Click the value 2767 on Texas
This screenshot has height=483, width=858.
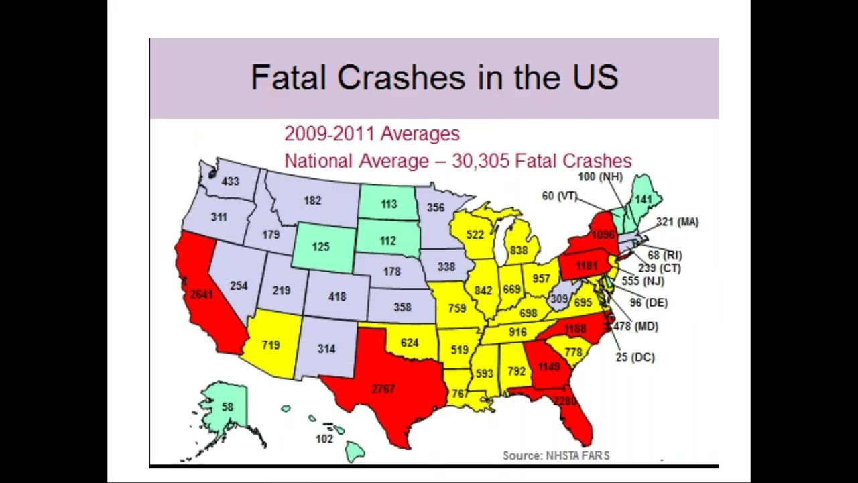[383, 389]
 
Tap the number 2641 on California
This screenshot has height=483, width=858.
[202, 294]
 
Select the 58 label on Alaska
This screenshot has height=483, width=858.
[227, 407]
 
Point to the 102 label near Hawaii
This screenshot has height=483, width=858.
[324, 439]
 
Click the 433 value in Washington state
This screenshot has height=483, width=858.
[230, 181]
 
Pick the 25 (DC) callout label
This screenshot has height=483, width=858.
[635, 357]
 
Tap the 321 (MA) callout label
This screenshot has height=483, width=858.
[677, 222]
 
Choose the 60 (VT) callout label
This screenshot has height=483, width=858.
[560, 195]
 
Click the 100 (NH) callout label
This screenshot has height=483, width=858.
[601, 177]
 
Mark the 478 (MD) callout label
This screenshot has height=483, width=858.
[636, 327]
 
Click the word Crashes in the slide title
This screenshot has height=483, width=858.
[401, 77]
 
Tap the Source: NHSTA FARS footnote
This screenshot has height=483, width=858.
[556, 455]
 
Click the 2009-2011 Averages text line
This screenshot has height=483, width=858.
[372, 133]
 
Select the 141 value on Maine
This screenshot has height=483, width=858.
[643, 199]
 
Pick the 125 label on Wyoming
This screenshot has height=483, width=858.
[320, 247]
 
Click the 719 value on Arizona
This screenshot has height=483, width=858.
[270, 345]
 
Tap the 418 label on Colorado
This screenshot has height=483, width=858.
[336, 297]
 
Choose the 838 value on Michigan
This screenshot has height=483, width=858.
[518, 250]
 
